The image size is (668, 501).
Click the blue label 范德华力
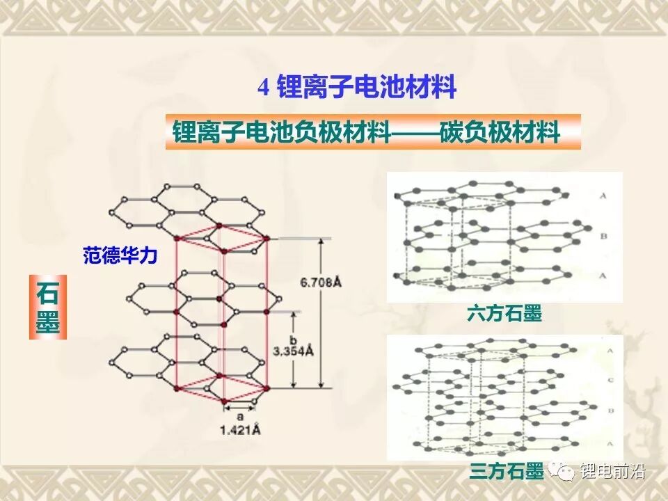tap(120, 256)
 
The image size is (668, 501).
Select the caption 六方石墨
tap(504, 315)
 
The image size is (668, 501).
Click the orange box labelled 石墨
tap(47, 307)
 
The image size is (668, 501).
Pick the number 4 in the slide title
tap(263, 88)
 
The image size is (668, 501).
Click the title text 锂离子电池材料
tap(367, 88)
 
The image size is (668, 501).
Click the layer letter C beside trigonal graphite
tap(610, 381)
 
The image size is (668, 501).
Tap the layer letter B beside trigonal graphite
tap(610, 412)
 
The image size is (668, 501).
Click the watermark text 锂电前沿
tap(614, 472)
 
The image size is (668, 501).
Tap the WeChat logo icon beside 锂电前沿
tap(564, 472)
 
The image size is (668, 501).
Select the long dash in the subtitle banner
tap(415, 132)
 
